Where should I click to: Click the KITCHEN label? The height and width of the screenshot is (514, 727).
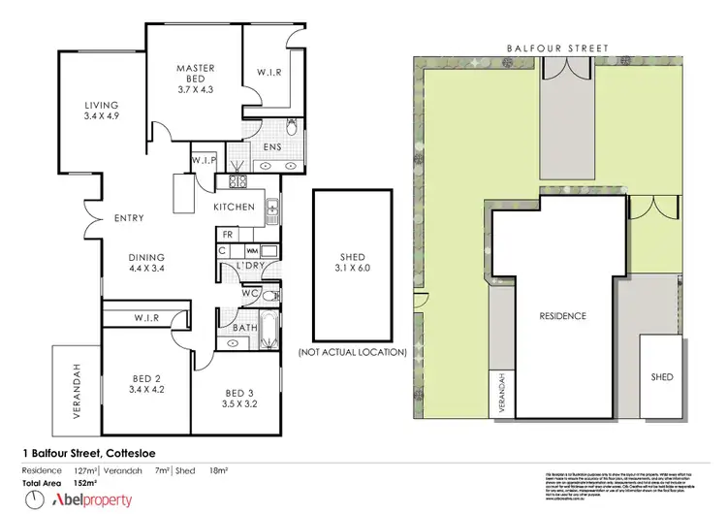(x=234, y=208)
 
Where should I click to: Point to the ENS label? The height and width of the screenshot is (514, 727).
(x=272, y=148)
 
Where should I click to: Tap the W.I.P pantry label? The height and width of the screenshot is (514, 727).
(x=204, y=159)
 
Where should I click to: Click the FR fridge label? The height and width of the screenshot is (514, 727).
(x=227, y=235)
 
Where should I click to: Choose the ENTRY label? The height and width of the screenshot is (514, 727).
(x=129, y=218)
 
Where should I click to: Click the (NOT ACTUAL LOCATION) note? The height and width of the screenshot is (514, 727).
(x=352, y=351)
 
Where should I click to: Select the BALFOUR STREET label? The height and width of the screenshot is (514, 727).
(x=556, y=47)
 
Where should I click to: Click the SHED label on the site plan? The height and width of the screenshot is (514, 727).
(x=661, y=376)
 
